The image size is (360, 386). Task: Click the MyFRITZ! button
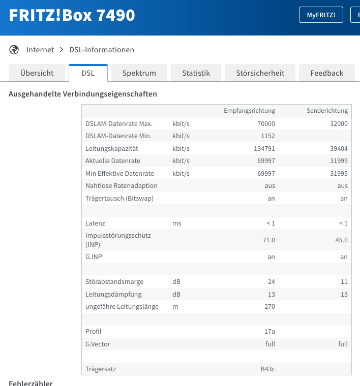(x=321, y=15)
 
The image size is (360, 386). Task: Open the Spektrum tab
(x=139, y=73)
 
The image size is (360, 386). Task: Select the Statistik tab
(x=196, y=73)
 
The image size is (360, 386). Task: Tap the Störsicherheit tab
(x=260, y=73)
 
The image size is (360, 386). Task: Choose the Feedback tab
(x=327, y=73)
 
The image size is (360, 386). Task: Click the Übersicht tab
(x=37, y=73)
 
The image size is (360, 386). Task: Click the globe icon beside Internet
(x=14, y=50)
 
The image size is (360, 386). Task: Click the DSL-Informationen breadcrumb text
(x=102, y=50)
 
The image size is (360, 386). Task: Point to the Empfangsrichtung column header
(x=249, y=111)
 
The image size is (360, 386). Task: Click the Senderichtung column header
(x=327, y=111)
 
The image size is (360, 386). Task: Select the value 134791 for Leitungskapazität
(x=263, y=148)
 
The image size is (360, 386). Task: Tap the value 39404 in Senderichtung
(x=338, y=148)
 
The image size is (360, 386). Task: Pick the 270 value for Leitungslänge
(x=269, y=306)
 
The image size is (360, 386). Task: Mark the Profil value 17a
(x=269, y=331)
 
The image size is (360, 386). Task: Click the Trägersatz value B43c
(x=267, y=369)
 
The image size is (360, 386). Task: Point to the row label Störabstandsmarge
(x=114, y=281)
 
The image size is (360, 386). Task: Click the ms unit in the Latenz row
(x=176, y=223)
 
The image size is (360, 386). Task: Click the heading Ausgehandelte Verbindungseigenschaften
(x=83, y=94)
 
